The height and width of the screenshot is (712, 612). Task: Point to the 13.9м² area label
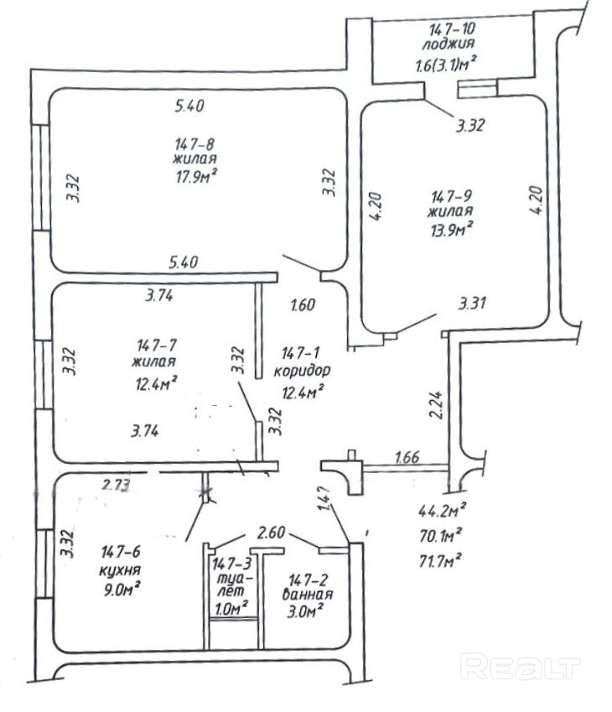pyautogui.click(x=451, y=226)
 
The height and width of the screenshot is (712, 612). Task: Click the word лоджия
pyautogui.click(x=450, y=44)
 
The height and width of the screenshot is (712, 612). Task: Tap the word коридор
pyautogui.click(x=303, y=370)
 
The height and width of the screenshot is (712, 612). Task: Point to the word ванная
pyautogui.click(x=309, y=595)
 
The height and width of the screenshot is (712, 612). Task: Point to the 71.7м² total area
pyautogui.click(x=441, y=557)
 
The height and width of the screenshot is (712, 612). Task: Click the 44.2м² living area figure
pyautogui.click(x=442, y=509)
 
